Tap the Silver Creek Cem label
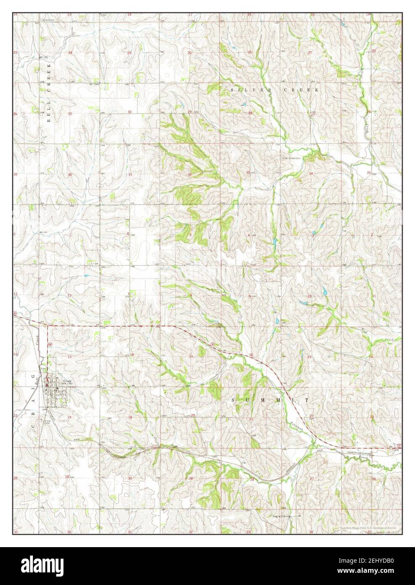pos(291,158)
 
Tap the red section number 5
pos(190,234)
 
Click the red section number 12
pos(69,296)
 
